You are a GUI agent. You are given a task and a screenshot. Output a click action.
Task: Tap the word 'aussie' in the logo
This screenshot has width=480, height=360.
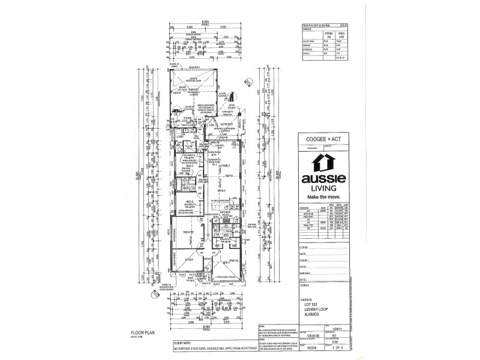point(328,179)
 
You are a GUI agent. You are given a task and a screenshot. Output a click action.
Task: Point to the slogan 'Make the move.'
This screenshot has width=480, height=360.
point(328,197)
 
